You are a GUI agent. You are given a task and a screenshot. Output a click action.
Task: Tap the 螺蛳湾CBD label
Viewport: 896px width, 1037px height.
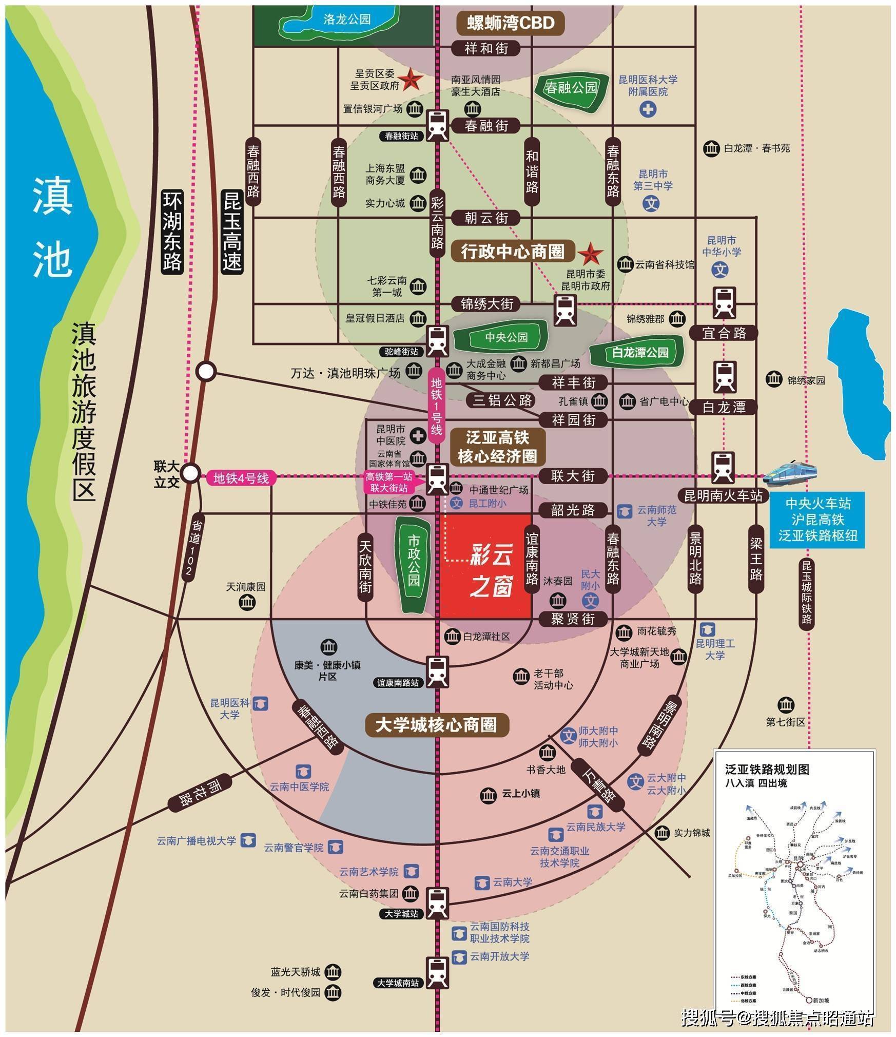coord(510,23)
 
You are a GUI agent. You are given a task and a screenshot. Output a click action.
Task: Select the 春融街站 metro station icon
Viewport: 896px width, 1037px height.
coord(437,125)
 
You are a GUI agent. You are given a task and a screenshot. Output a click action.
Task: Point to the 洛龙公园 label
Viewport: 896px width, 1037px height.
coord(347,20)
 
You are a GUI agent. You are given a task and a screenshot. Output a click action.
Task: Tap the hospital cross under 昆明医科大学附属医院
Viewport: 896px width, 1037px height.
coord(648,109)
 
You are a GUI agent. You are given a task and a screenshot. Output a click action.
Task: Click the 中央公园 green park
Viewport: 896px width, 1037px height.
coord(507,337)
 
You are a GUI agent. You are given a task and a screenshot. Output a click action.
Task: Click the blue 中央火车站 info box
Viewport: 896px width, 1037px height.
coord(817,519)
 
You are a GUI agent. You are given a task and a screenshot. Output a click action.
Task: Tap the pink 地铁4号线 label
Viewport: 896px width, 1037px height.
coord(241,478)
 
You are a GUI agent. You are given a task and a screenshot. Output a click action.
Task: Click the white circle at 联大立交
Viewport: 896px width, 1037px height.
coord(191,473)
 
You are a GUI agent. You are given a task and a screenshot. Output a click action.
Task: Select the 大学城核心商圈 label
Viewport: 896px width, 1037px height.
coord(436,725)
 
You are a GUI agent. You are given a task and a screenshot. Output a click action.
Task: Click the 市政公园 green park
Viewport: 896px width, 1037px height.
coord(414,565)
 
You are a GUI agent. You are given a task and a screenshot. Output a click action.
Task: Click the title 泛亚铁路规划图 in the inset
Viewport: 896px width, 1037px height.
coord(767,770)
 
